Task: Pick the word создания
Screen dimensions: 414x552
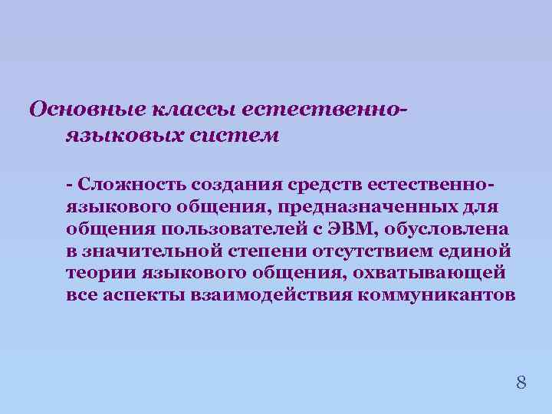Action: point(233,185)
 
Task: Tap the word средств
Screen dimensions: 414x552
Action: point(320,185)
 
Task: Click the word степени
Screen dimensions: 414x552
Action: point(270,251)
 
